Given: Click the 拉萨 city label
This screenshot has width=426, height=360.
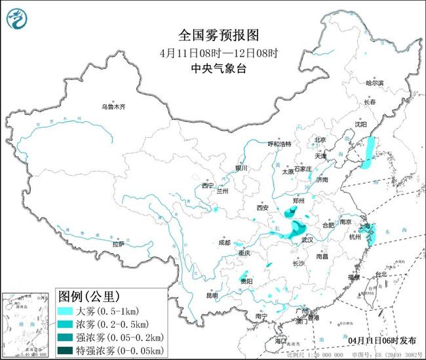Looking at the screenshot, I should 118,244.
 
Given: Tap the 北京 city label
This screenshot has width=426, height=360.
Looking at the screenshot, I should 320,139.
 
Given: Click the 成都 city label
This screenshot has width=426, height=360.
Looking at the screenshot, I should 225,242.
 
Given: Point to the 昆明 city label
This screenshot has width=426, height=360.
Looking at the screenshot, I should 212,295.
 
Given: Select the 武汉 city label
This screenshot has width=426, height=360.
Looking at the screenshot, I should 307,241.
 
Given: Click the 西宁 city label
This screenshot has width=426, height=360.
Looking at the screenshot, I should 208,186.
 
